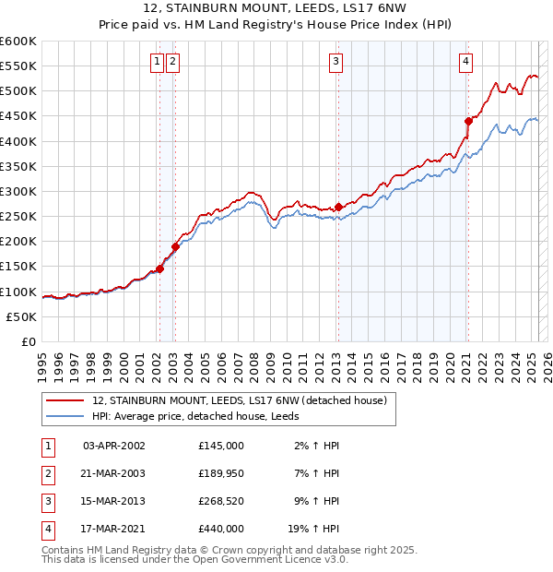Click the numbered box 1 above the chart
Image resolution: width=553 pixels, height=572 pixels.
[158, 62]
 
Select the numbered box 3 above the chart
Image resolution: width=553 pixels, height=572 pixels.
[335, 62]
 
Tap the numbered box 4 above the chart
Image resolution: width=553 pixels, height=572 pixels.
[466, 62]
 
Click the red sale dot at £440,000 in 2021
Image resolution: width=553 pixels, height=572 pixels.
[468, 121]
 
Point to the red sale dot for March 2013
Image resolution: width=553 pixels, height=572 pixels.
[338, 207]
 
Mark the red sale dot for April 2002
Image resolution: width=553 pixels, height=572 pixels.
[159, 268]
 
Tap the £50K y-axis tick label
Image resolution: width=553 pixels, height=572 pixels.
[21, 316]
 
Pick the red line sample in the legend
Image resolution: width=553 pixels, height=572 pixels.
[65, 400]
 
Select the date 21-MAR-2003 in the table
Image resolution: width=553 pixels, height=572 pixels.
[114, 473]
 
